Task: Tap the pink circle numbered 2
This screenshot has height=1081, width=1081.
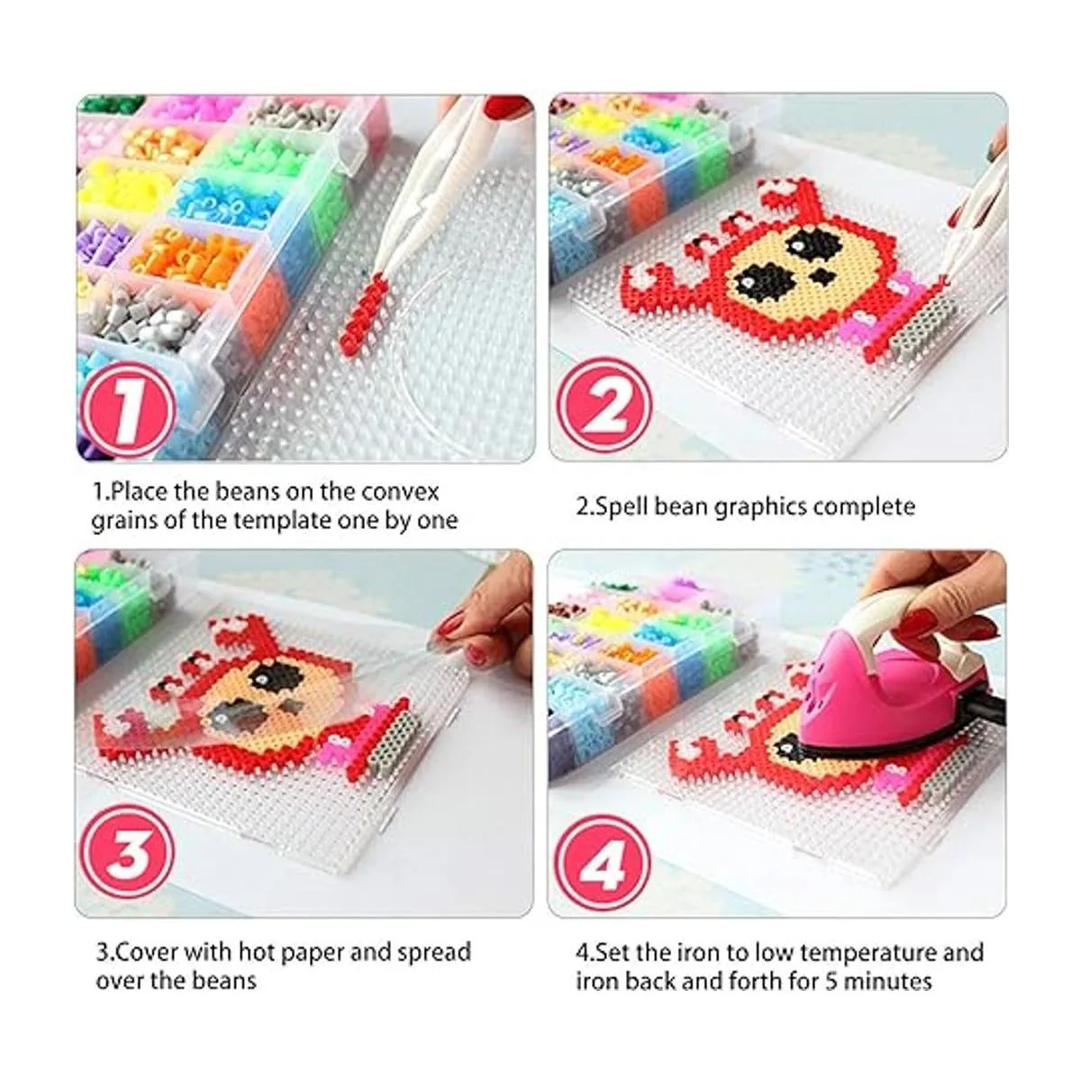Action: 604,406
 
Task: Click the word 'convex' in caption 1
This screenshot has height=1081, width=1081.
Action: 399,493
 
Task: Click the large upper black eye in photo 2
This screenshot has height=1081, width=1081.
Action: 809,242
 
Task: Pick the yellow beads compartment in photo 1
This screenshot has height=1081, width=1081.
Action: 126,186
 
